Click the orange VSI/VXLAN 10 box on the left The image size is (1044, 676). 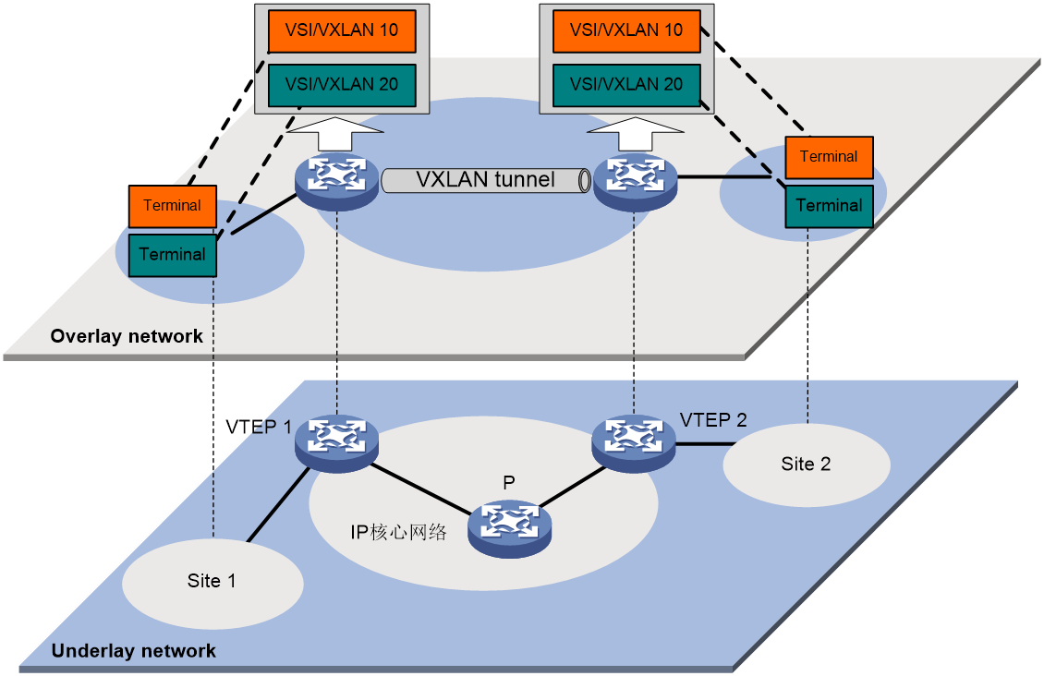coord(342,30)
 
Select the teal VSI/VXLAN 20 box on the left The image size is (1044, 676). coord(342,85)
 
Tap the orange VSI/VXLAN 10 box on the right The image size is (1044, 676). coord(626,30)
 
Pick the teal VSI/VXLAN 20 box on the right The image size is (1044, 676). coord(626,85)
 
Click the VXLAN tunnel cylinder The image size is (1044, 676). coord(486,180)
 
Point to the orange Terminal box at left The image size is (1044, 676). coord(173,206)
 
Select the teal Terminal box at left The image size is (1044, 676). coord(173,255)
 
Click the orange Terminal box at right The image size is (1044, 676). coord(829,158)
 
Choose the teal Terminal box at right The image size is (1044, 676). coord(829,206)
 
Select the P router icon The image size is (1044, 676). coord(509,528)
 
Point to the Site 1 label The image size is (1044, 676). coord(212,581)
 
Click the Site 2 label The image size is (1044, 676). coord(806,464)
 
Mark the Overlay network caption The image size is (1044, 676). coord(127,336)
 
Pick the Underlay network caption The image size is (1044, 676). coord(134,651)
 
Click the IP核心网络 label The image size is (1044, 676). coord(399,532)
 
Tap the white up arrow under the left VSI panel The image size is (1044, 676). coord(335,134)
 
